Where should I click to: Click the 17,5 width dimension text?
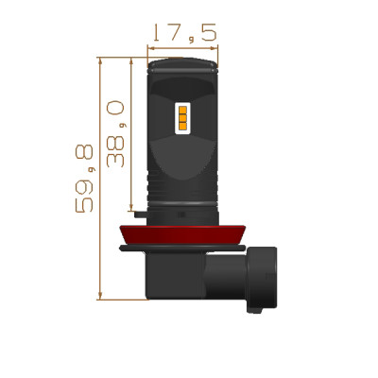(x=185, y=33)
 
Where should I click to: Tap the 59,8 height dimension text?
(x=84, y=179)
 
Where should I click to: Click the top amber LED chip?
(x=182, y=111)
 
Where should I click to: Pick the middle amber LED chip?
(x=182, y=118)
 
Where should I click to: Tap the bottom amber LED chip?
(x=182, y=127)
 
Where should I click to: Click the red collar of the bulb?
(x=182, y=235)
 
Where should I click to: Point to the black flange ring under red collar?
(x=182, y=249)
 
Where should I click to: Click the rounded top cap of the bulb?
(x=183, y=65)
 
